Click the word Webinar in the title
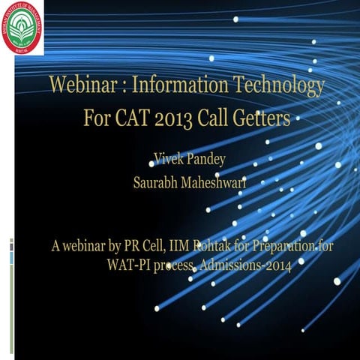pos(79,85)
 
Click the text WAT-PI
pos(134,263)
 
